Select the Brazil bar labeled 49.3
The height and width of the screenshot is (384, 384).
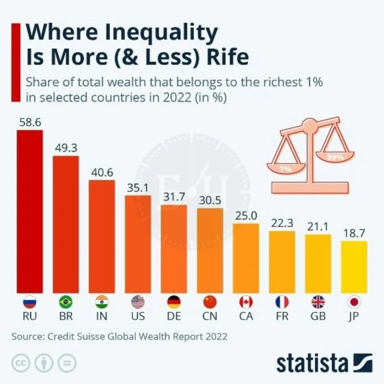[65, 224]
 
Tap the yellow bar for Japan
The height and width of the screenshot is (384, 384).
[354, 267]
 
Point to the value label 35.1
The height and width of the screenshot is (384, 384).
[137, 187]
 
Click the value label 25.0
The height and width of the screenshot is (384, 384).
[246, 215]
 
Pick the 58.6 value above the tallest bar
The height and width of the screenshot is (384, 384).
[29, 122]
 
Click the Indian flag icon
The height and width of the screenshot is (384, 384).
[101, 302]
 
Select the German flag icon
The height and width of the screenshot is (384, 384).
[173, 302]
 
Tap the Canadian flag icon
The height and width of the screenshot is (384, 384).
[246, 302]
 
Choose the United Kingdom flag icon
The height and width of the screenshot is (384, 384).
[318, 302]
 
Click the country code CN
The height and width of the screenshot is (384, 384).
[210, 317]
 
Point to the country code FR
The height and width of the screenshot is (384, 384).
[282, 317]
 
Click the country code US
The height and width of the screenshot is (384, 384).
[137, 317]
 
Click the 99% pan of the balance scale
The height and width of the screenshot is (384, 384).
[335, 156]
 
